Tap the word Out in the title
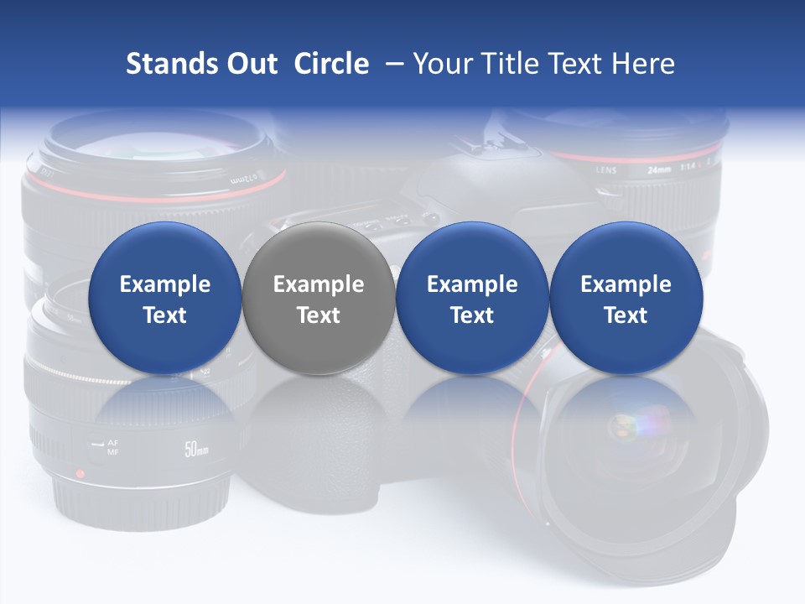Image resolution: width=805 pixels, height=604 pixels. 250,64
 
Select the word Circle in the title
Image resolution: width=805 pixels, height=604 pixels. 331,64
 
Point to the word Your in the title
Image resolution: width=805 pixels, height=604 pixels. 439,64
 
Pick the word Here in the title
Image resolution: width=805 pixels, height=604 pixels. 646,64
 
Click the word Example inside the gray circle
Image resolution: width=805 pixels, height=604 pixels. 318,284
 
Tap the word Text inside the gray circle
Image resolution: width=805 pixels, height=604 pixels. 318,315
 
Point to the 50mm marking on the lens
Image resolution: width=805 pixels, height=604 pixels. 195,449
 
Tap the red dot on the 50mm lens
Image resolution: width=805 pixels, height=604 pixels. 80,473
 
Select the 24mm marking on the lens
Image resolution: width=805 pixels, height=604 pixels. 659,169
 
